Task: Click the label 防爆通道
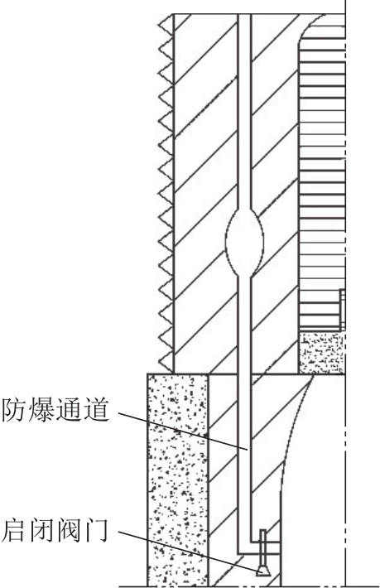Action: pyautogui.click(x=55, y=410)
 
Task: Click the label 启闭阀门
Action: pyautogui.click(x=55, y=530)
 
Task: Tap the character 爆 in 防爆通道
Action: pyautogui.click(x=41, y=410)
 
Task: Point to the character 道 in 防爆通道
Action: pyautogui.click(x=96, y=410)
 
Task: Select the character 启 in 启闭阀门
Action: pyautogui.click(x=14, y=530)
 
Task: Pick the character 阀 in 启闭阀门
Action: pyautogui.click(x=69, y=530)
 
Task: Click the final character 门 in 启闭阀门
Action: pyautogui.click(x=96, y=530)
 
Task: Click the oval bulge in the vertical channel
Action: pyautogui.click(x=245, y=242)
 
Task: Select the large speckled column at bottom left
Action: pyautogui.click(x=178, y=480)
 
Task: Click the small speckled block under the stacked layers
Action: pyautogui.click(x=321, y=352)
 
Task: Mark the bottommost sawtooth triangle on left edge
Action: pyautogui.click(x=166, y=362)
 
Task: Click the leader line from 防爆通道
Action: pyautogui.click(x=183, y=431)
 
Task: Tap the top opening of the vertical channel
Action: pyautogui.click(x=244, y=15)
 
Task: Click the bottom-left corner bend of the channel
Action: pyautogui.click(x=240, y=552)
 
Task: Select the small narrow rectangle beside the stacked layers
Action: pyautogui.click(x=342, y=310)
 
